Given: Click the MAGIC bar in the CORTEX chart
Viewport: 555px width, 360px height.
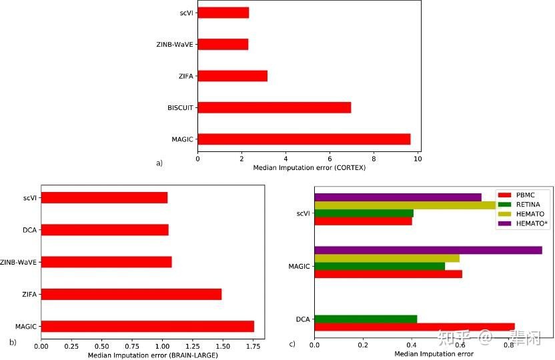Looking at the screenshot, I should coord(304,139).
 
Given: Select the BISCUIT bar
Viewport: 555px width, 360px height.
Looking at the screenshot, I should coord(274,107).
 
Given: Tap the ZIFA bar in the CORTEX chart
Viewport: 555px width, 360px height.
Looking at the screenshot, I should coord(232,76).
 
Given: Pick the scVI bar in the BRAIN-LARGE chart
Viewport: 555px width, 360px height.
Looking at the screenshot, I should coord(104,197).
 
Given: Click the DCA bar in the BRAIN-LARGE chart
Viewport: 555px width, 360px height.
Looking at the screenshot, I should coord(105,230).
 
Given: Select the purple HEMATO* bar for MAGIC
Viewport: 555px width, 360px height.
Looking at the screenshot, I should coord(428,250).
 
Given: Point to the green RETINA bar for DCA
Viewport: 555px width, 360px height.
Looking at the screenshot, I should coord(366,319).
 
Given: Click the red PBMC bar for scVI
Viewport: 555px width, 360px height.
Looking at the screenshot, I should coord(363,221).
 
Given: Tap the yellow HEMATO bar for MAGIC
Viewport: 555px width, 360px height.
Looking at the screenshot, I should coord(387,258).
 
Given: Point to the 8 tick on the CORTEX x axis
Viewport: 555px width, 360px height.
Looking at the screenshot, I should coord(374,159).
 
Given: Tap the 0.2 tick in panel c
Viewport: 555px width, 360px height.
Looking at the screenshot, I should coord(363,345).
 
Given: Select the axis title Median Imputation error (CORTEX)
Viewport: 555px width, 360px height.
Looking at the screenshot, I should coord(310,167).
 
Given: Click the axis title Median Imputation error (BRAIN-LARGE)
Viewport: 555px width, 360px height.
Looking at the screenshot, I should coord(153,355).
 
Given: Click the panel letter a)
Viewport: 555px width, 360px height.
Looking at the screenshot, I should coord(159,162).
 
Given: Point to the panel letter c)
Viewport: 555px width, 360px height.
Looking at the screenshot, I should coord(292,344).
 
